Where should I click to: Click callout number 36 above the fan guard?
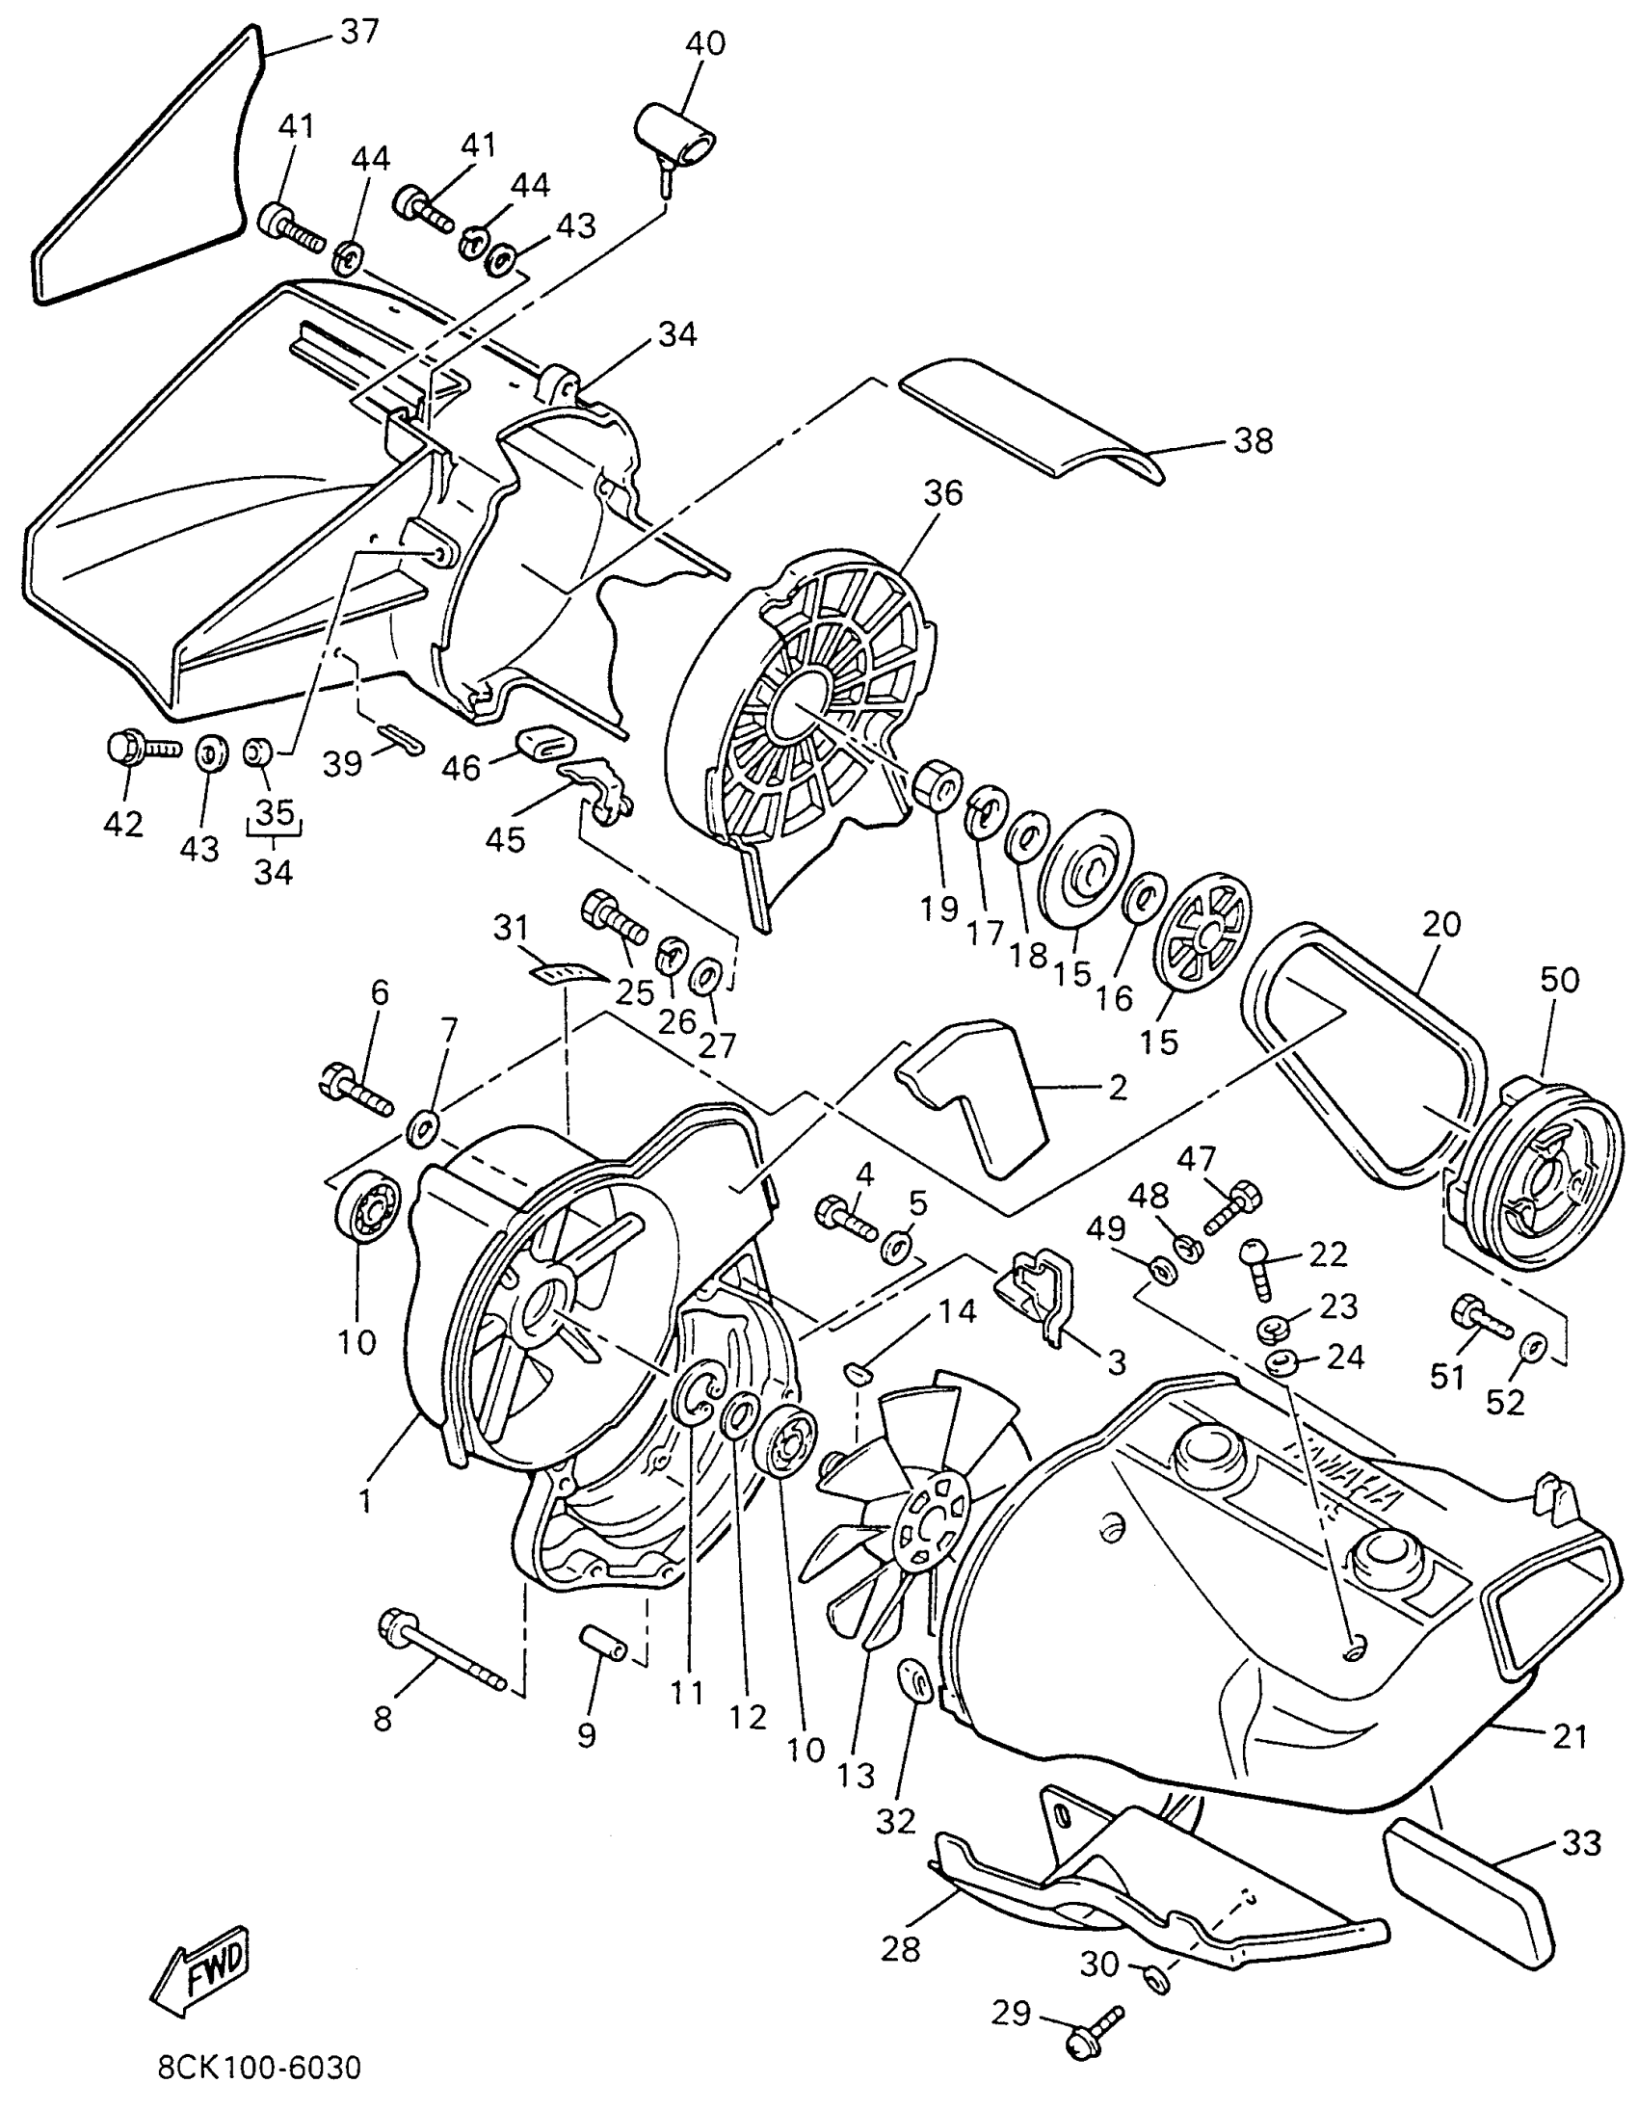click(x=942, y=493)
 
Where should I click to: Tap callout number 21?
click(x=1570, y=1736)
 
